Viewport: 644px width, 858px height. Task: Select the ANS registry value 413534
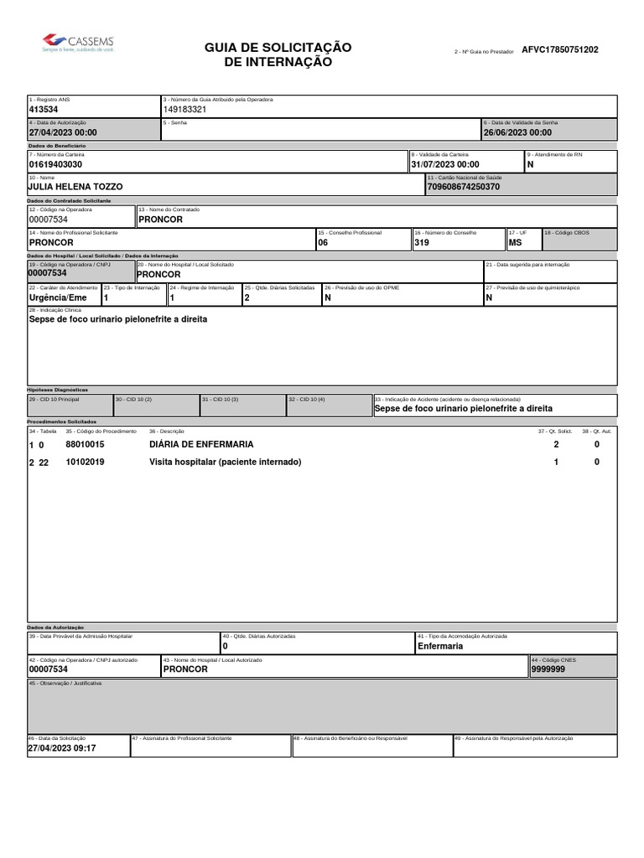coord(44,110)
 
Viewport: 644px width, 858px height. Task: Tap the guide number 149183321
coord(184,110)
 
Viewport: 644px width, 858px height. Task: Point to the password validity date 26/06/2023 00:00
coord(517,132)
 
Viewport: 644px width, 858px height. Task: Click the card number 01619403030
coord(55,165)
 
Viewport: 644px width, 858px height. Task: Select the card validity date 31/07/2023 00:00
coord(445,165)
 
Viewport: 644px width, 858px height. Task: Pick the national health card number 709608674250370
coord(464,187)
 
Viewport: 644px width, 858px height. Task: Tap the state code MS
coord(515,242)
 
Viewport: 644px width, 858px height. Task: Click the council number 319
coord(422,242)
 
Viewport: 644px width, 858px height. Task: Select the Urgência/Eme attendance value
coord(58,297)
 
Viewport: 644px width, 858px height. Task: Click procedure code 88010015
coord(85,444)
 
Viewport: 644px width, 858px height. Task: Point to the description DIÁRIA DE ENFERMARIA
coord(201,444)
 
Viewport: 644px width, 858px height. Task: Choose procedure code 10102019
coord(85,463)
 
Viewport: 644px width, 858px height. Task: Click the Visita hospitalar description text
coord(225,463)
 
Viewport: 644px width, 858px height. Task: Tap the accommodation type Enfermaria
coord(440,647)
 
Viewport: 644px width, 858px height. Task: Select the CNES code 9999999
coord(548,669)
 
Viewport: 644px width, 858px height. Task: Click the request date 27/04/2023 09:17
coord(63,748)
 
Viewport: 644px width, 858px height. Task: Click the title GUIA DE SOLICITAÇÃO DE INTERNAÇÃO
coord(278,54)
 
